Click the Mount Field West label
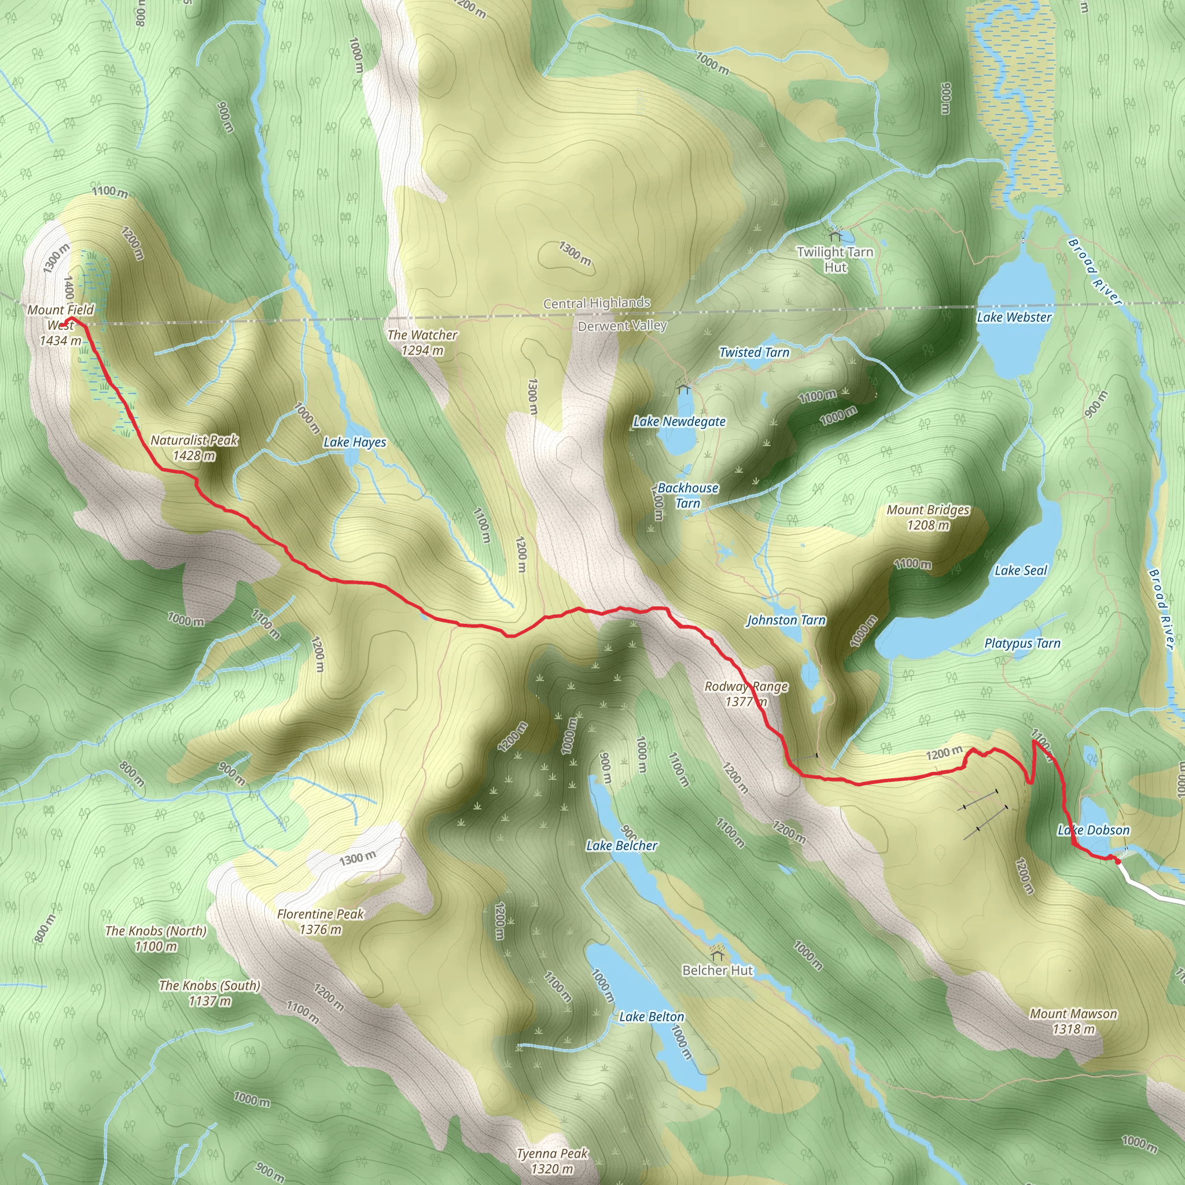tap(60, 325)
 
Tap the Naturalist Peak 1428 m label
tap(194, 448)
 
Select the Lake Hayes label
tap(355, 442)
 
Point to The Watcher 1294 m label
tap(422, 343)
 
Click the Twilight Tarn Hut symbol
tap(835, 234)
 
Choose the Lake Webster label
tap(1014, 317)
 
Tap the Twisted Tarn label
tap(754, 352)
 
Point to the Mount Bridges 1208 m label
tap(928, 517)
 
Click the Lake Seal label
tap(1021, 571)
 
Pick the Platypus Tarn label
tap(1022, 643)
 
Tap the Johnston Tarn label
tap(786, 620)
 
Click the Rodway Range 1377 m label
tap(746, 694)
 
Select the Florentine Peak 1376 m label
tap(320, 921)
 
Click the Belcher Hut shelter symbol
tap(716, 954)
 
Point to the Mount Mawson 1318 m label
tap(1073, 1021)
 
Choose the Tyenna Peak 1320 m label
tap(552, 1161)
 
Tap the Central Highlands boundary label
tap(596, 303)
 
